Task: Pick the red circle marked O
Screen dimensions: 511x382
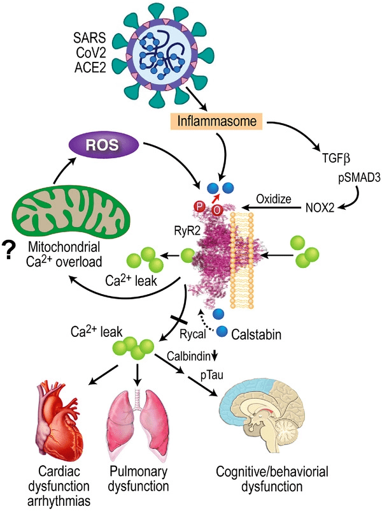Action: (x=216, y=211)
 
